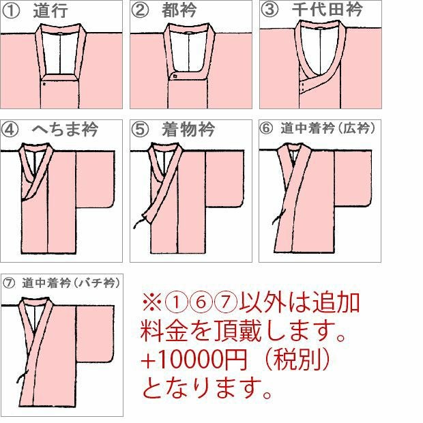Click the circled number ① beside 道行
coord(11,11)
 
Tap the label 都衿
coord(179,10)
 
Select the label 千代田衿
coord(327,10)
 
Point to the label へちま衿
coord(65,129)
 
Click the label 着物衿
coord(188,129)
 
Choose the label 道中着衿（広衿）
coord(327,128)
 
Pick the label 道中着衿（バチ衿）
coord(71,282)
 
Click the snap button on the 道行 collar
coord(44,84)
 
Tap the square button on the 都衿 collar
coord(175,76)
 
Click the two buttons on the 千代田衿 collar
coord(303,87)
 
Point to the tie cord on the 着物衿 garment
coord(140,221)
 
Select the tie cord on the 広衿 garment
coord(278,217)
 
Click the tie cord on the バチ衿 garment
coord(22,377)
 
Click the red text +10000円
coord(194,360)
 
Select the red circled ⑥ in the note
coord(201,302)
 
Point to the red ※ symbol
coord(152,303)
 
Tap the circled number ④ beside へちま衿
coord(10,129)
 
